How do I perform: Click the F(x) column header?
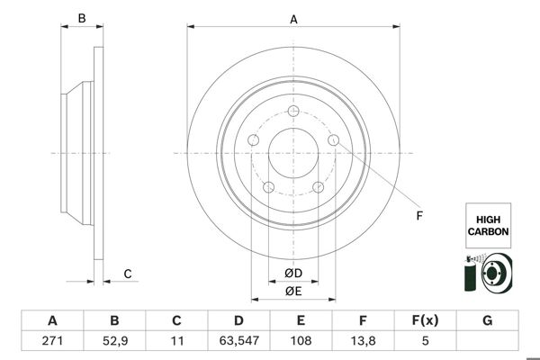coord(425,321)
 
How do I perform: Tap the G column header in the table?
coord(487,321)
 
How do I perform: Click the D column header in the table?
coord(238,321)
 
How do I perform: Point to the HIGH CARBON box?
coord(487,225)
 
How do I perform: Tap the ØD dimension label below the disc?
coord(292,273)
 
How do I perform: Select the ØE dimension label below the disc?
coord(292,290)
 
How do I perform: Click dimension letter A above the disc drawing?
coord(293,18)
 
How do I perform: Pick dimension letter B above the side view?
coord(81,18)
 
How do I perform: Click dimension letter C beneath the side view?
coord(128,274)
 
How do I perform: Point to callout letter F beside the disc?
coord(418,215)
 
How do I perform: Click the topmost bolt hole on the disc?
coord(293,112)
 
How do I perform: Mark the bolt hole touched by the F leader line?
coord(334,140)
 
